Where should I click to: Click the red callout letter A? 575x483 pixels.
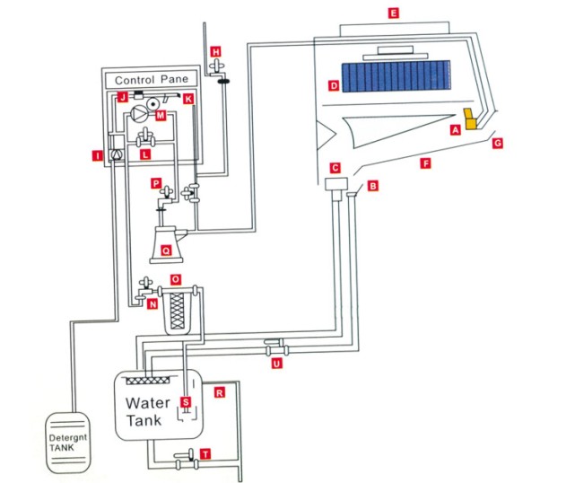[x=456, y=129]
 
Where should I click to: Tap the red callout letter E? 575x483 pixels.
[x=392, y=13]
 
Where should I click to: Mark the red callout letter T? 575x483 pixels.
[x=206, y=455]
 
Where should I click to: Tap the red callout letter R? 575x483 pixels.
[x=218, y=392]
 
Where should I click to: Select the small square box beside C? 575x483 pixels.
[x=336, y=183]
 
